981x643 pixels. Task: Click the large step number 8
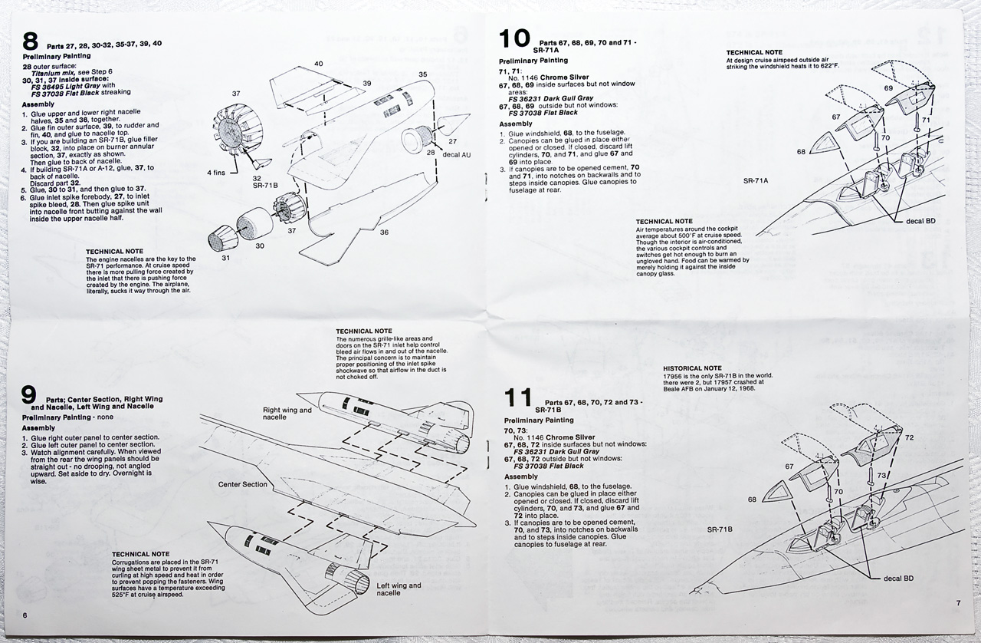pos(31,41)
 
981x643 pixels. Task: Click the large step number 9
pos(29,395)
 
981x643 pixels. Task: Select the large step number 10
pos(514,38)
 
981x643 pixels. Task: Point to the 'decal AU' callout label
pos(457,155)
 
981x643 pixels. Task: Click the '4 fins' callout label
pos(218,173)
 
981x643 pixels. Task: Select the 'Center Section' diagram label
pos(243,485)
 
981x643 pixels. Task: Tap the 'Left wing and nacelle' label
pos(399,589)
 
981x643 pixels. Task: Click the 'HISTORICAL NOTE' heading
pos(692,368)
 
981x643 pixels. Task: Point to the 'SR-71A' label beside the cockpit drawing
pos(756,180)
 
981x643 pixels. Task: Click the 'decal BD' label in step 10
pos(920,221)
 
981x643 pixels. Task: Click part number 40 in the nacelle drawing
pos(318,64)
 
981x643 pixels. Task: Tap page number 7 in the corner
pos(958,603)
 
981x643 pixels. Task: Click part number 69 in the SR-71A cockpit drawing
pos(888,88)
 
